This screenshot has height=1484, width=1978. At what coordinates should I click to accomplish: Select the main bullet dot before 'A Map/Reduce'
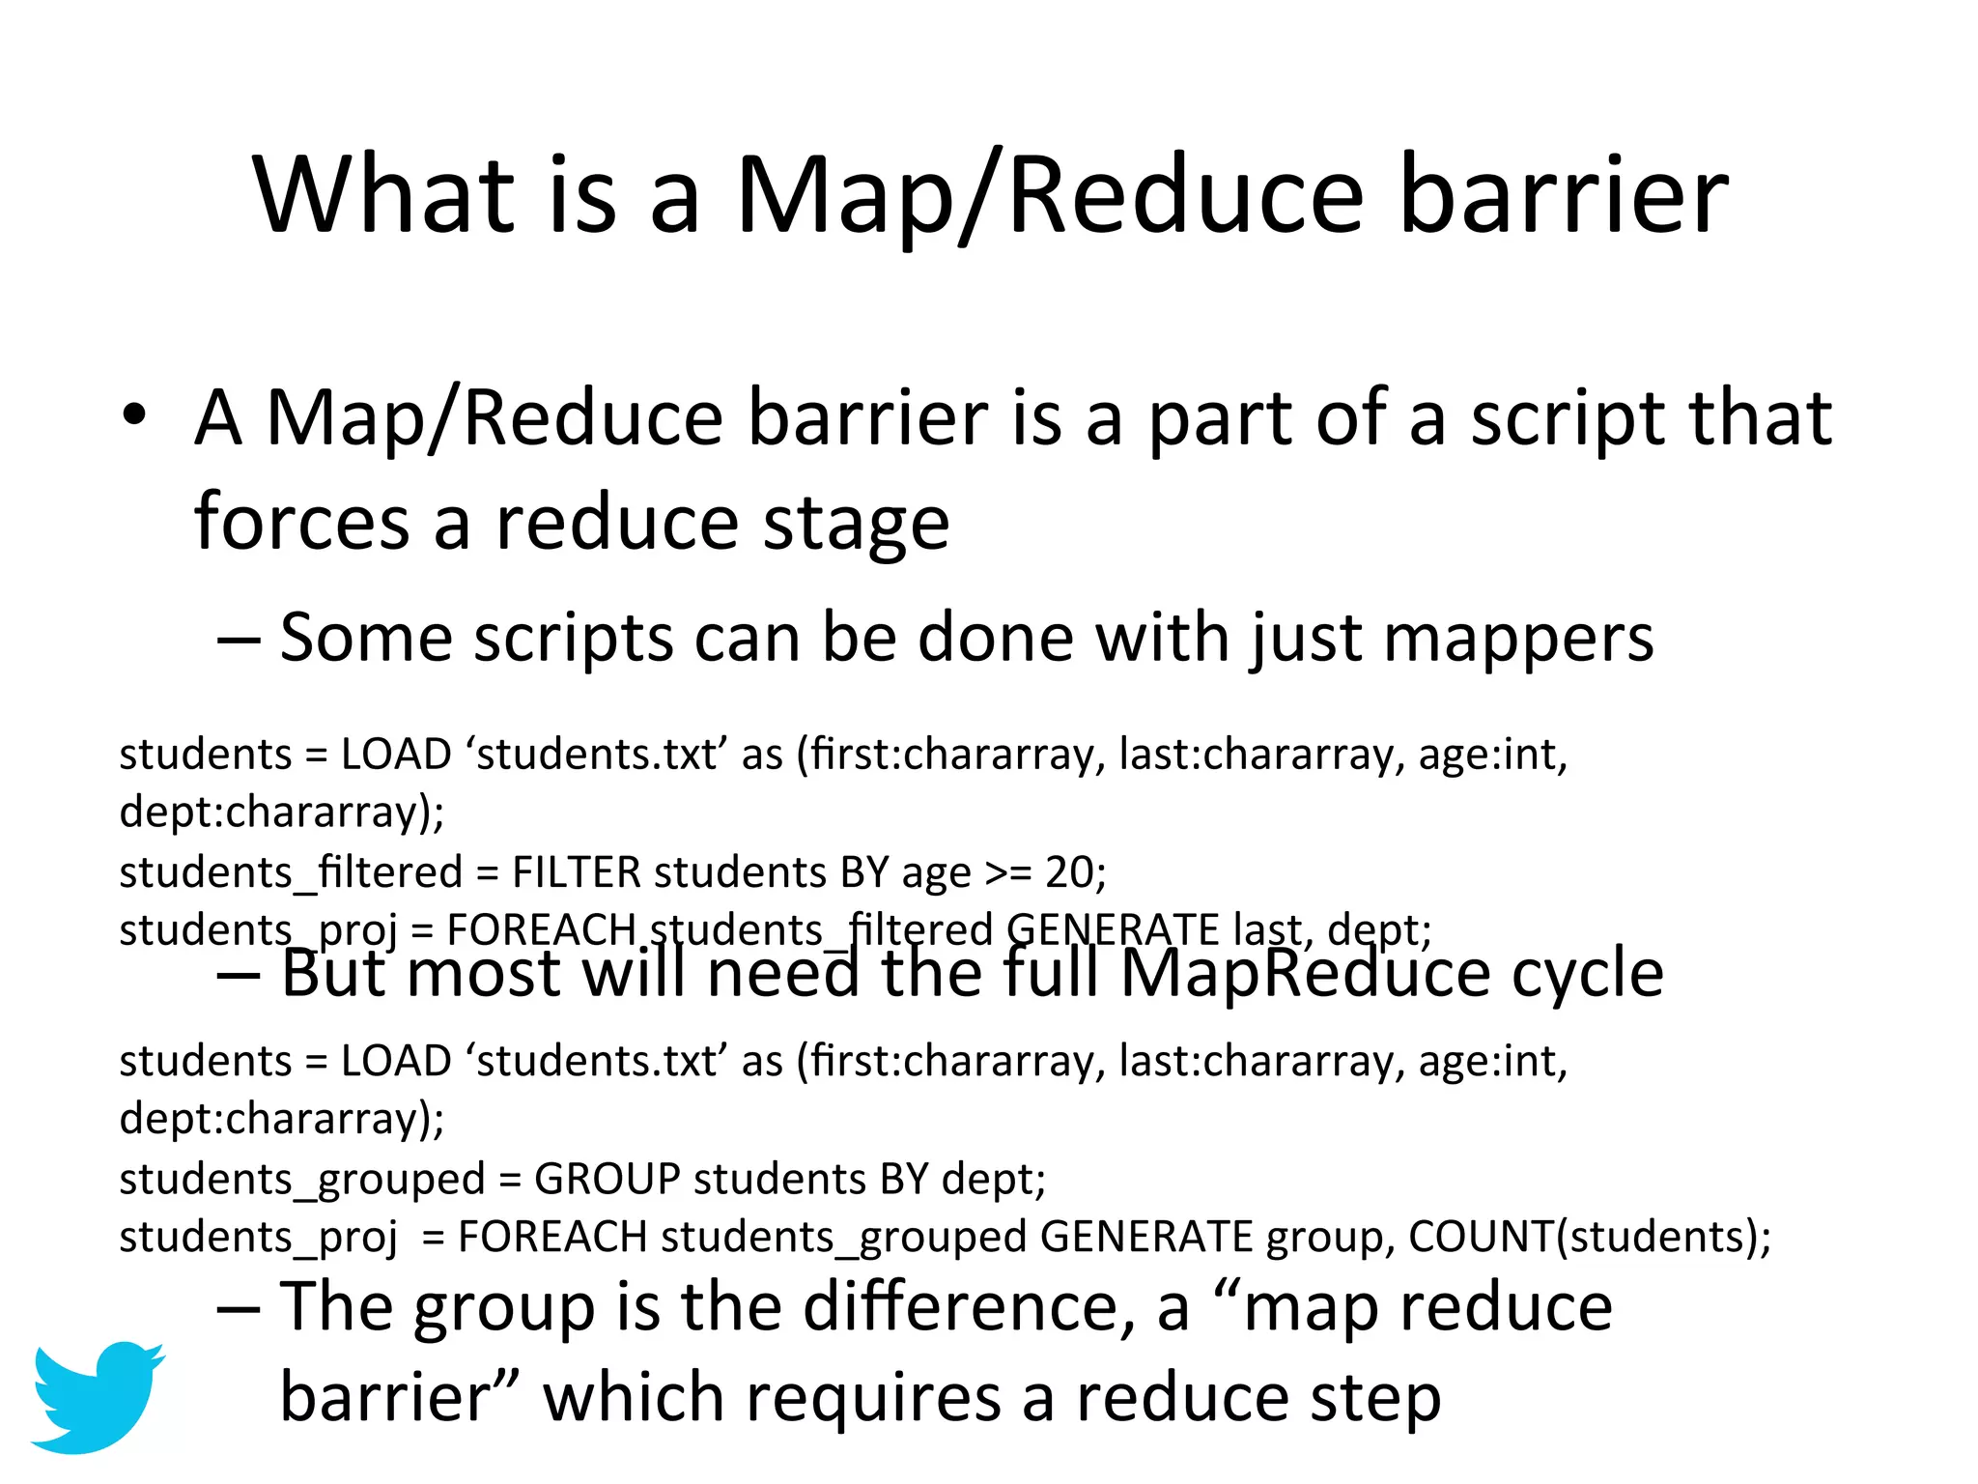click(x=134, y=416)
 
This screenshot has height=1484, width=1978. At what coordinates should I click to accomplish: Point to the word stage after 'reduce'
click(x=856, y=524)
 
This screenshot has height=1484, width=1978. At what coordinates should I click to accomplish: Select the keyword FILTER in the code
click(x=576, y=872)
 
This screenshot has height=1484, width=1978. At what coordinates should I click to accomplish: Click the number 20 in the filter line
click(x=1069, y=872)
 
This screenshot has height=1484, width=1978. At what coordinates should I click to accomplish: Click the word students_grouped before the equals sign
click(x=301, y=1180)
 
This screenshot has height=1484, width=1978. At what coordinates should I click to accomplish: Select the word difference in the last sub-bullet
click(x=968, y=1307)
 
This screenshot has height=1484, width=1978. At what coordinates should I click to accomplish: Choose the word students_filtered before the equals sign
click(x=290, y=872)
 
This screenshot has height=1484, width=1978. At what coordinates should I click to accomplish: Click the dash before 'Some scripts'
click(x=238, y=639)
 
